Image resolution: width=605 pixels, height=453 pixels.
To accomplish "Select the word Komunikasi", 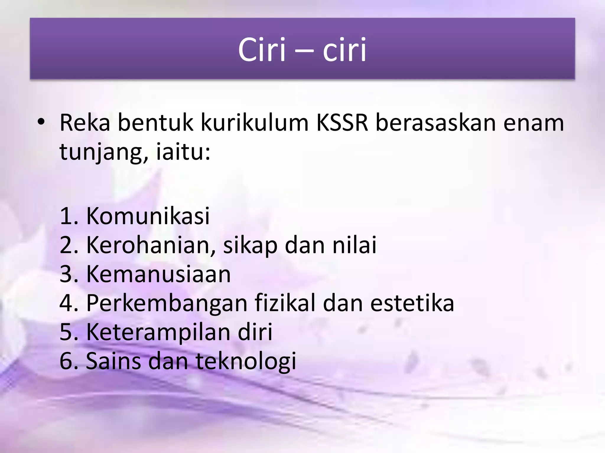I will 148,216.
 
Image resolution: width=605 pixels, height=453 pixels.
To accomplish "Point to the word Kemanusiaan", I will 158,274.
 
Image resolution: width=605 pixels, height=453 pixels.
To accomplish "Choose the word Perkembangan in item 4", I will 167,303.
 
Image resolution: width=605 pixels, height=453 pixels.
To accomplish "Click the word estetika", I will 412,303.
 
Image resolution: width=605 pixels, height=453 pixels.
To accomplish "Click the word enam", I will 534,123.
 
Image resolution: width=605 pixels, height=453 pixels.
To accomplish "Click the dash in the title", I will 304,50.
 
